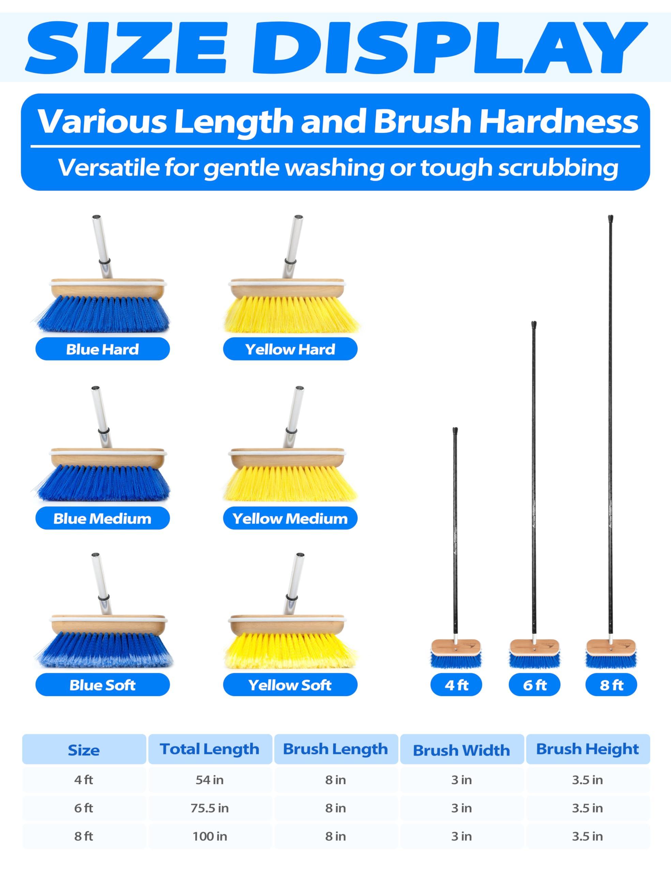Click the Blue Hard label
[103, 349]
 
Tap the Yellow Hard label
[290, 349]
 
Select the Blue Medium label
[103, 518]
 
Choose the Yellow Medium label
[290, 518]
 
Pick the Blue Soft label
[103, 685]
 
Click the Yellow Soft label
[290, 685]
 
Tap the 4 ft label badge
[456, 685]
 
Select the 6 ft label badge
[534, 685]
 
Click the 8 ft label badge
[611, 685]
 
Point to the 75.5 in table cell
[210, 808]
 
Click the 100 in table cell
[210, 836]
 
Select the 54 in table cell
[210, 780]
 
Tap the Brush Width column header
[462, 750]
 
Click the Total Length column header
[210, 749]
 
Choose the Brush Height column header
[588, 749]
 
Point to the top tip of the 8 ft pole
[611, 216]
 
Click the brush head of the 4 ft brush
[456, 654]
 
